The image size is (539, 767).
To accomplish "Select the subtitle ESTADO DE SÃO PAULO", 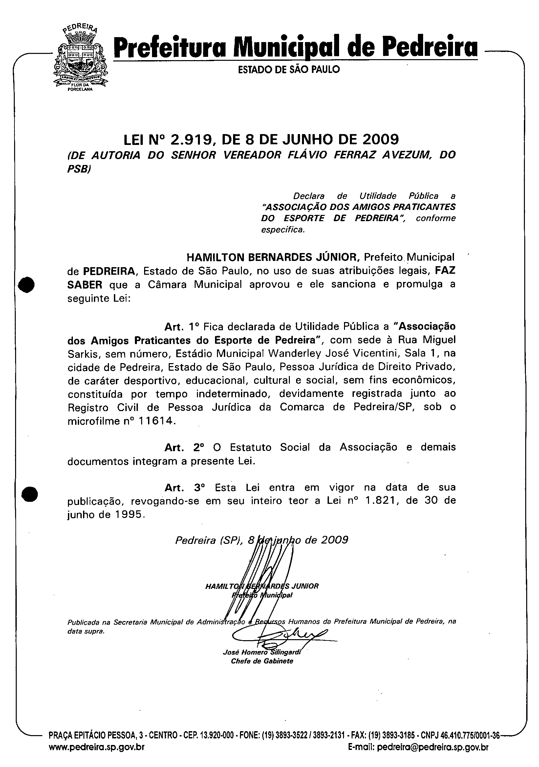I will point(289,69).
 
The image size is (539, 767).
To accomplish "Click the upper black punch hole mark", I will point(27,285).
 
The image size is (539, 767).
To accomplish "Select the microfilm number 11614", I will point(157,421).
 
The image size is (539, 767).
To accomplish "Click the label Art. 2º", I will point(184,447).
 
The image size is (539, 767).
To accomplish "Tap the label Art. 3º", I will point(184,487).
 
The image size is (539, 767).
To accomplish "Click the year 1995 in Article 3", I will point(131,515).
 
